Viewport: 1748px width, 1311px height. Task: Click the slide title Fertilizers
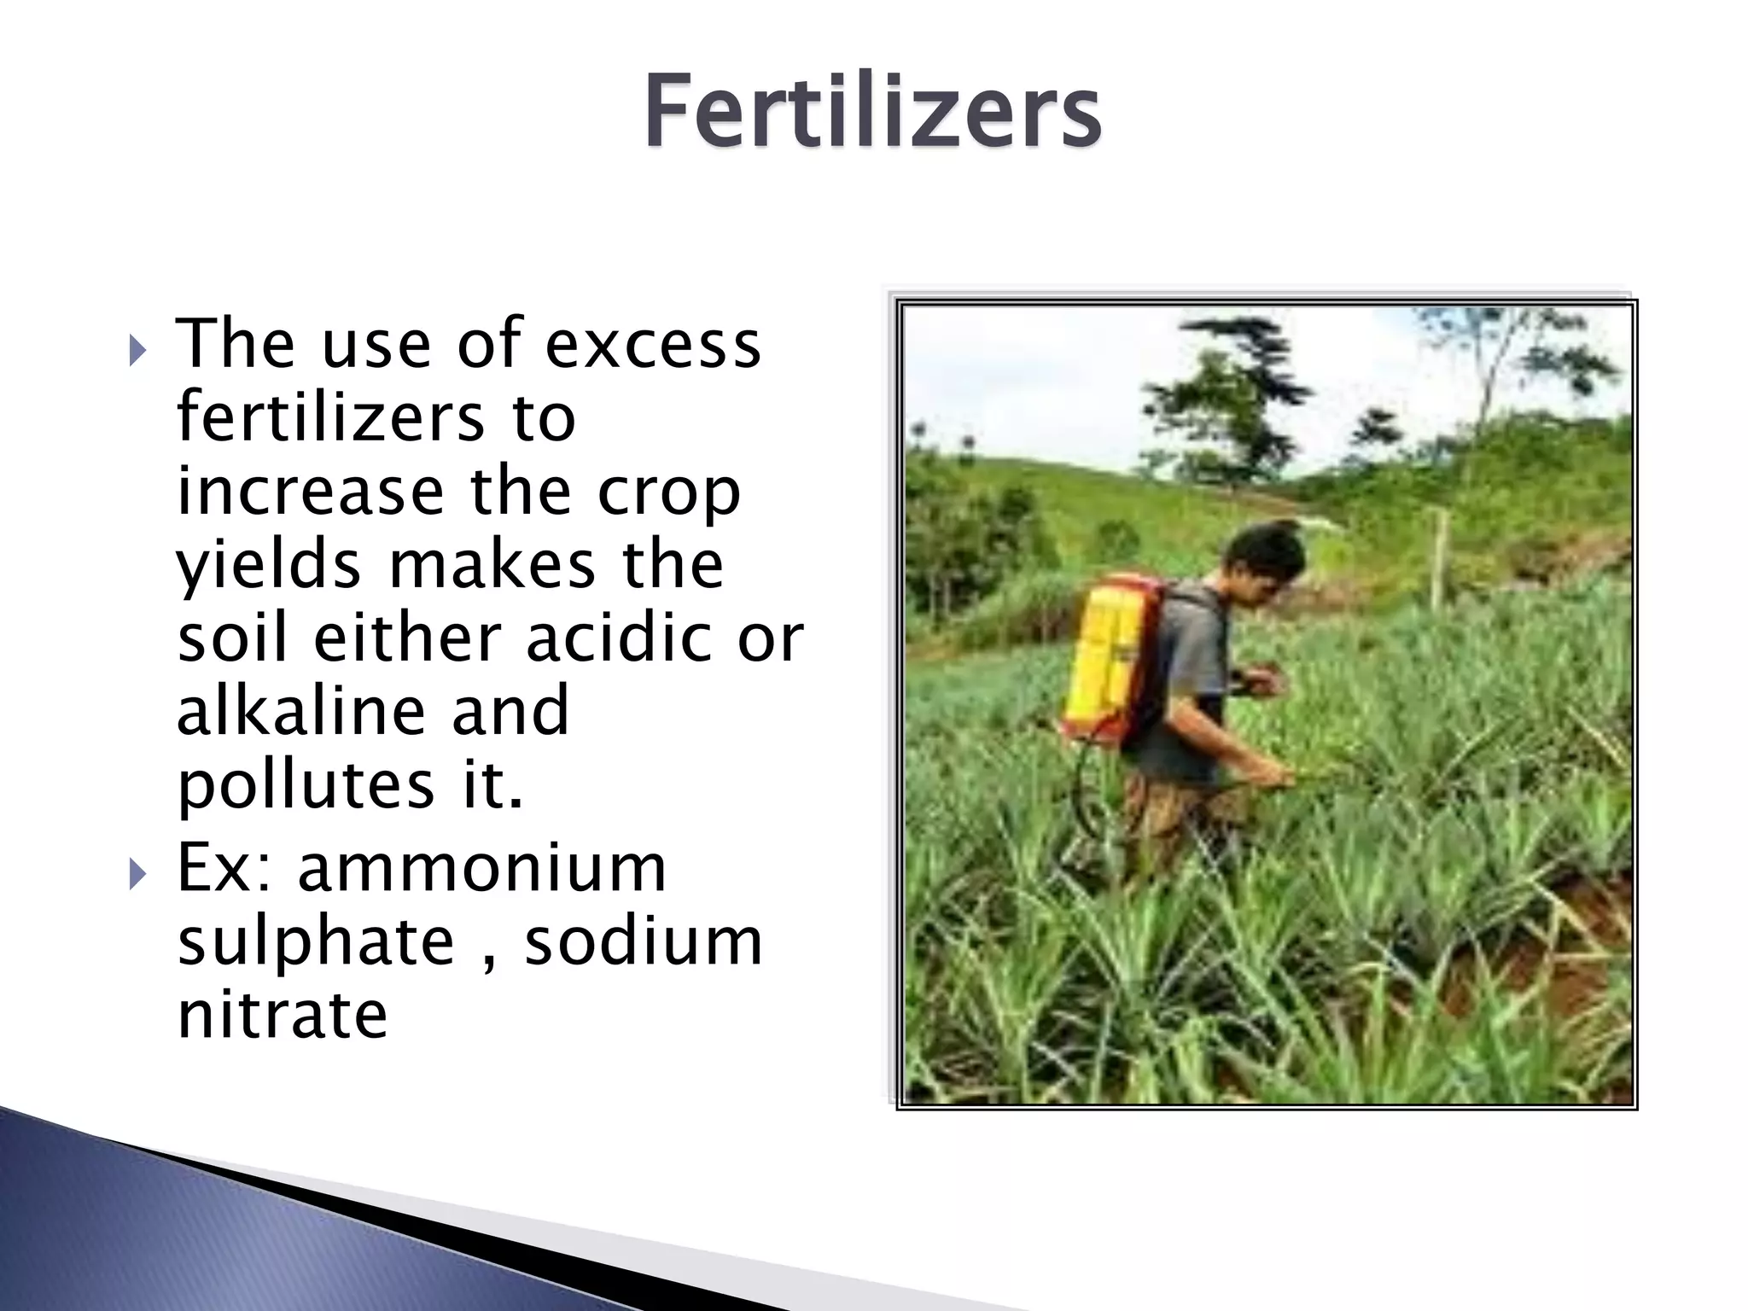pyautogui.click(x=872, y=112)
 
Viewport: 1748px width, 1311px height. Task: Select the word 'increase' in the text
pyautogui.click(x=310, y=492)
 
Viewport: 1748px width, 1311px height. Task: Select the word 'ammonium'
pyautogui.click(x=481, y=869)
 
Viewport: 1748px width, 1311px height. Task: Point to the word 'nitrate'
pyautogui.click(x=282, y=1015)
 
